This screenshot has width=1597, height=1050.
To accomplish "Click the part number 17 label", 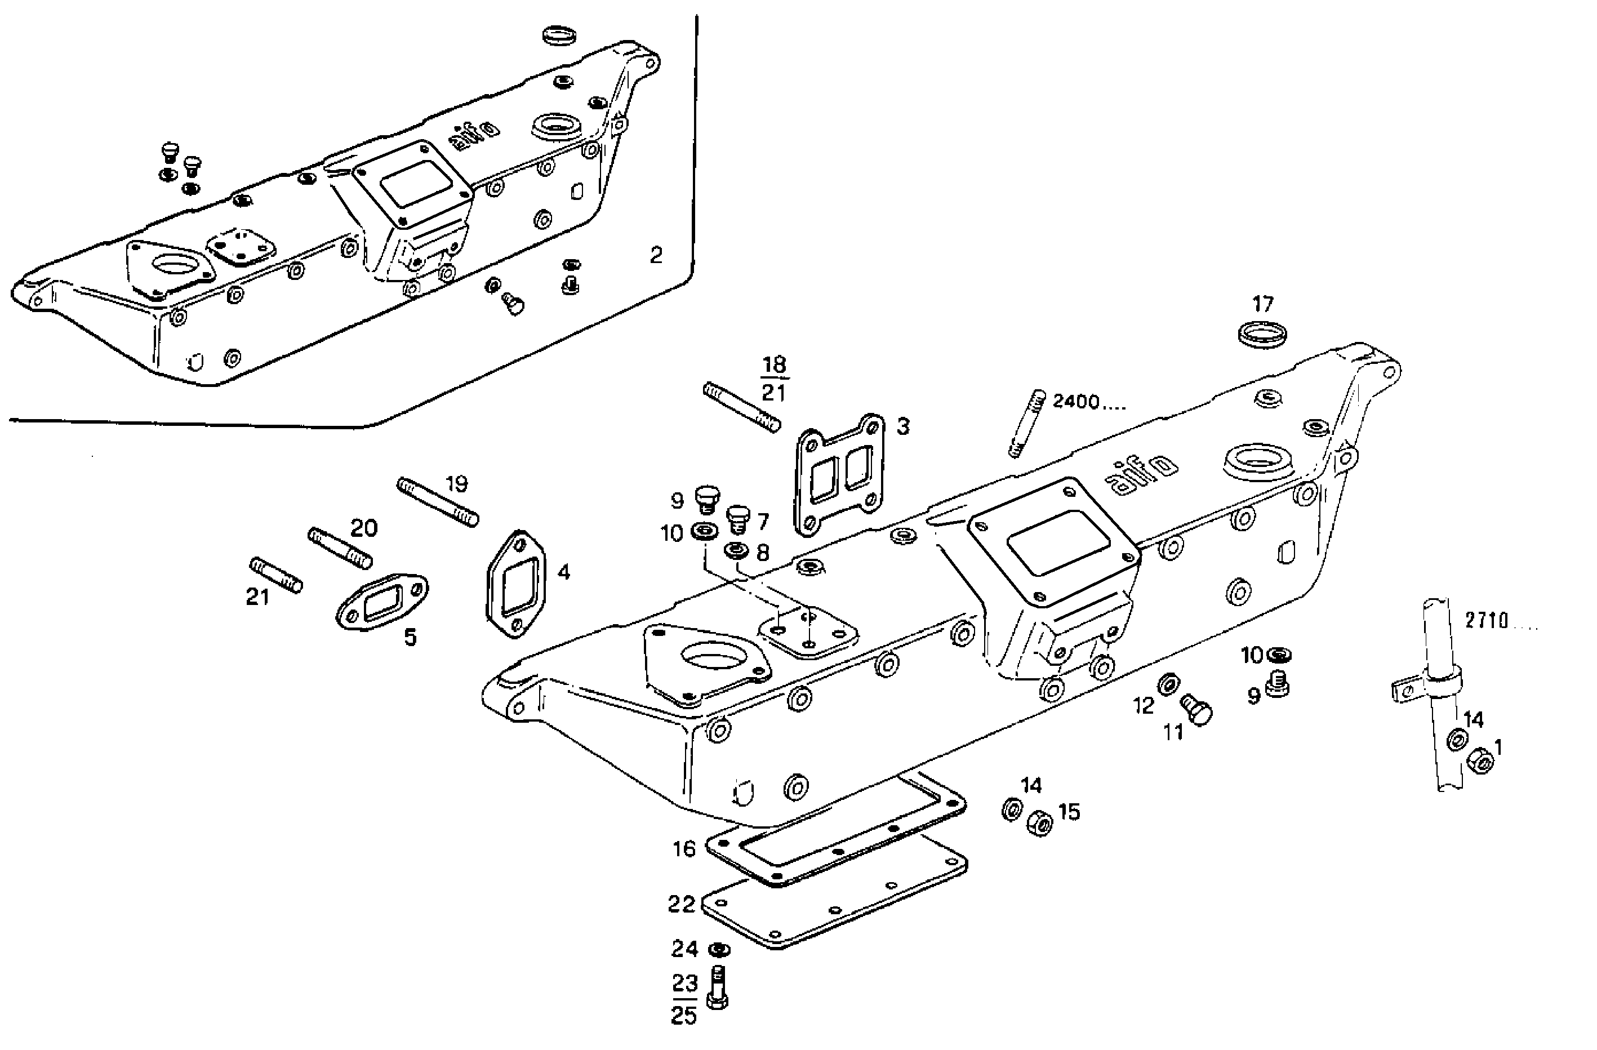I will tap(1262, 305).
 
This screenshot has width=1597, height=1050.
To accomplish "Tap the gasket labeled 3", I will tap(839, 475).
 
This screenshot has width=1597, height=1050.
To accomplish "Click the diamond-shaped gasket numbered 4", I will tap(515, 583).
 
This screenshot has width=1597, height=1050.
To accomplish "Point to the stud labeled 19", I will tap(438, 501).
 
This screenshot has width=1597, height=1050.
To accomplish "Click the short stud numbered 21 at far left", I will tap(277, 576).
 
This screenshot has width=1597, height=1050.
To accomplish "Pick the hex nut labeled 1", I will tap(1481, 761).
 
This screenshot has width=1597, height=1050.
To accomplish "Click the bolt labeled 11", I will tap(1196, 710).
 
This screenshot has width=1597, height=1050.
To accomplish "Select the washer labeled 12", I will tap(1168, 684).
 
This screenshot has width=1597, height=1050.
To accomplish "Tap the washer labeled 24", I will tap(719, 950).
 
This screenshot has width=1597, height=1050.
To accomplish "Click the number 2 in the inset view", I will tap(656, 256).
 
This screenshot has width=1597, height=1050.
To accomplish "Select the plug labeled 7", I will tap(738, 518).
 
